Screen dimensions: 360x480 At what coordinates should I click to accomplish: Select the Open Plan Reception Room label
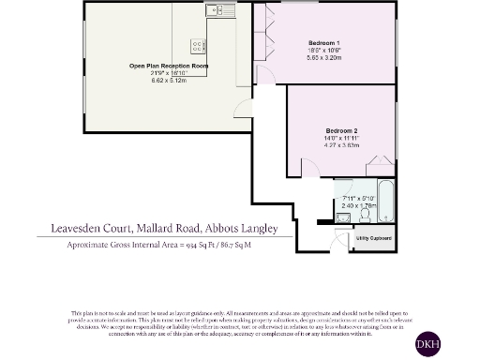tap(169, 67)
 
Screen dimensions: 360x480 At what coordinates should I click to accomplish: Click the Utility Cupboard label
tap(373, 239)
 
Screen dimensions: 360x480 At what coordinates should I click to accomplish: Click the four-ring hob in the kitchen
tap(198, 44)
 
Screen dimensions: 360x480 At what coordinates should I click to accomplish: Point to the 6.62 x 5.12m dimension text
tap(169, 82)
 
